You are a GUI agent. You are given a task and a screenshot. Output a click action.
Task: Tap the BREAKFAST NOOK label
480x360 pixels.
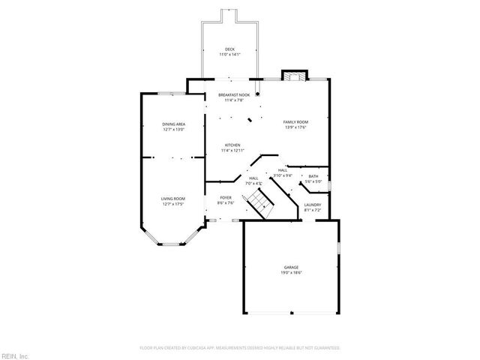tap(234, 95)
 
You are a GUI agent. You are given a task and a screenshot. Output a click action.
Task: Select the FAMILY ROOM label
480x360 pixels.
tap(295, 121)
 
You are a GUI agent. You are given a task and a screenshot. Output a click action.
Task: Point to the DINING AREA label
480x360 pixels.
tap(174, 124)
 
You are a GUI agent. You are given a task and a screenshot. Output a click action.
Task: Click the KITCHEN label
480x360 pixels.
tap(232, 145)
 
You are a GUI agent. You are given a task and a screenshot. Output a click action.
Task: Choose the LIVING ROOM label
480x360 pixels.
tap(173, 199)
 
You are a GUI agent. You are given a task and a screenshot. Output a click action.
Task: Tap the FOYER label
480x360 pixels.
tap(225, 197)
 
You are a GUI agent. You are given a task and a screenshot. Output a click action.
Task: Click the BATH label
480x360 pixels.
tap(313, 177)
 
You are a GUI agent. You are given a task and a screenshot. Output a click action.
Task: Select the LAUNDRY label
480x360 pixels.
tap(313, 205)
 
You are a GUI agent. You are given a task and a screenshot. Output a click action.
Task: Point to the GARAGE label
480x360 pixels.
tap(291, 267)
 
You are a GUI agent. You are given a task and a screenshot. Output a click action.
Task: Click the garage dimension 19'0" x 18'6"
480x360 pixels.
tap(291, 273)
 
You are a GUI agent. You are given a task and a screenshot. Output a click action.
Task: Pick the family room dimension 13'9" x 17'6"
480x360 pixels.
tap(295, 127)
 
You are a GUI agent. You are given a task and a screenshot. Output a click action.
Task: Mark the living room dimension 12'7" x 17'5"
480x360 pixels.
tap(173, 204)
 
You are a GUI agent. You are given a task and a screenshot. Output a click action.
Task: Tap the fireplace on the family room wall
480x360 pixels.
tap(294, 75)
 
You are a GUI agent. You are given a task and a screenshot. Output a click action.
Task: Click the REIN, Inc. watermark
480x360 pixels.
tap(14, 355)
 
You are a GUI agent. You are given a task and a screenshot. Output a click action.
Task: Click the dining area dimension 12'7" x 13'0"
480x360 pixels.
tap(174, 129)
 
